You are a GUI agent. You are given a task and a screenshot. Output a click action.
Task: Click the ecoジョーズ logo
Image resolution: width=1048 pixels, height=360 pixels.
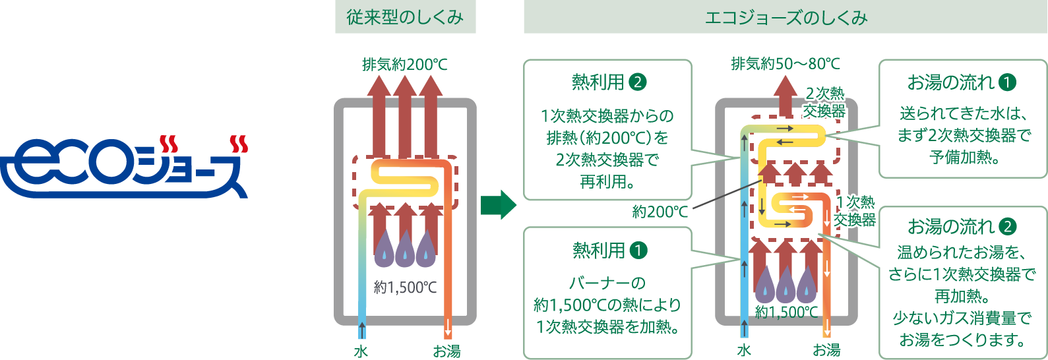coord(124,167)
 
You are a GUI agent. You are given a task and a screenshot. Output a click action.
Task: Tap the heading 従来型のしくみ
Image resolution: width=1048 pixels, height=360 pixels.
coord(405,18)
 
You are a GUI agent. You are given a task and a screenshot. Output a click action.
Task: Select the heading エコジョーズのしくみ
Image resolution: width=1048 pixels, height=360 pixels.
coord(786,18)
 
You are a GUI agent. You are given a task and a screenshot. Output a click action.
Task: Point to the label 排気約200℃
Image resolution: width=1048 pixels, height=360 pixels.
coord(404,65)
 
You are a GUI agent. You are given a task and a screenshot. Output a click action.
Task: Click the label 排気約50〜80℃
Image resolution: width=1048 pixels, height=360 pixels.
coord(786,64)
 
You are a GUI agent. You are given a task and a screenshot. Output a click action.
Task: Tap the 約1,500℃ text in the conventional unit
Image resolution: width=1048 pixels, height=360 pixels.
coord(405,287)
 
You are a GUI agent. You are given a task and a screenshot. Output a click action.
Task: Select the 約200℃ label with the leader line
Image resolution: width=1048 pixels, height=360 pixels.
coord(660,212)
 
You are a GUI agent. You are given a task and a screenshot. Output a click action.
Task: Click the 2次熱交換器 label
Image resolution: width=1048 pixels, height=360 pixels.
coord(824,102)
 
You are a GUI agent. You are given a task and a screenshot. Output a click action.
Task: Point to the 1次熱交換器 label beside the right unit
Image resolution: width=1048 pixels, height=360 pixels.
coord(855,211)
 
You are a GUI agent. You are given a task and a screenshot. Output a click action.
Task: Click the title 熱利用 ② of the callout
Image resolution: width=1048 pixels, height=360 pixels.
coord(608,82)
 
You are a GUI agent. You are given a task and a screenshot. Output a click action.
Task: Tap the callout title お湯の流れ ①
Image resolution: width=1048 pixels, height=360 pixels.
coord(962,82)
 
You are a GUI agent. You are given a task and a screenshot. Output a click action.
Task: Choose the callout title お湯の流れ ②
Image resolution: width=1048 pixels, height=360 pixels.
coord(962,227)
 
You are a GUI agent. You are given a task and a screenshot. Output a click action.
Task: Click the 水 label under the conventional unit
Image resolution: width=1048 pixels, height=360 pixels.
coord(361,351)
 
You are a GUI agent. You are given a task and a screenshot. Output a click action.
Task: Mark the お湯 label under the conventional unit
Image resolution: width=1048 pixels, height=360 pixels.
coord(447,351)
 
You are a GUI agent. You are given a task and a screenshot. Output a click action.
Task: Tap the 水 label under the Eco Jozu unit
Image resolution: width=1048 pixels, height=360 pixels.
coord(744,350)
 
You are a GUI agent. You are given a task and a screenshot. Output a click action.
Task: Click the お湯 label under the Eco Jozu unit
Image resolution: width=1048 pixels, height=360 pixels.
coord(826,350)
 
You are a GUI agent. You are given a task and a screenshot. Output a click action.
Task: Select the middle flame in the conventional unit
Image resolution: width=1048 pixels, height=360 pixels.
coord(405,248)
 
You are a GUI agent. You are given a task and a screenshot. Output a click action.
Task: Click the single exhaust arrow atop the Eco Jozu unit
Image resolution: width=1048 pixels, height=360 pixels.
coord(785,96)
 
